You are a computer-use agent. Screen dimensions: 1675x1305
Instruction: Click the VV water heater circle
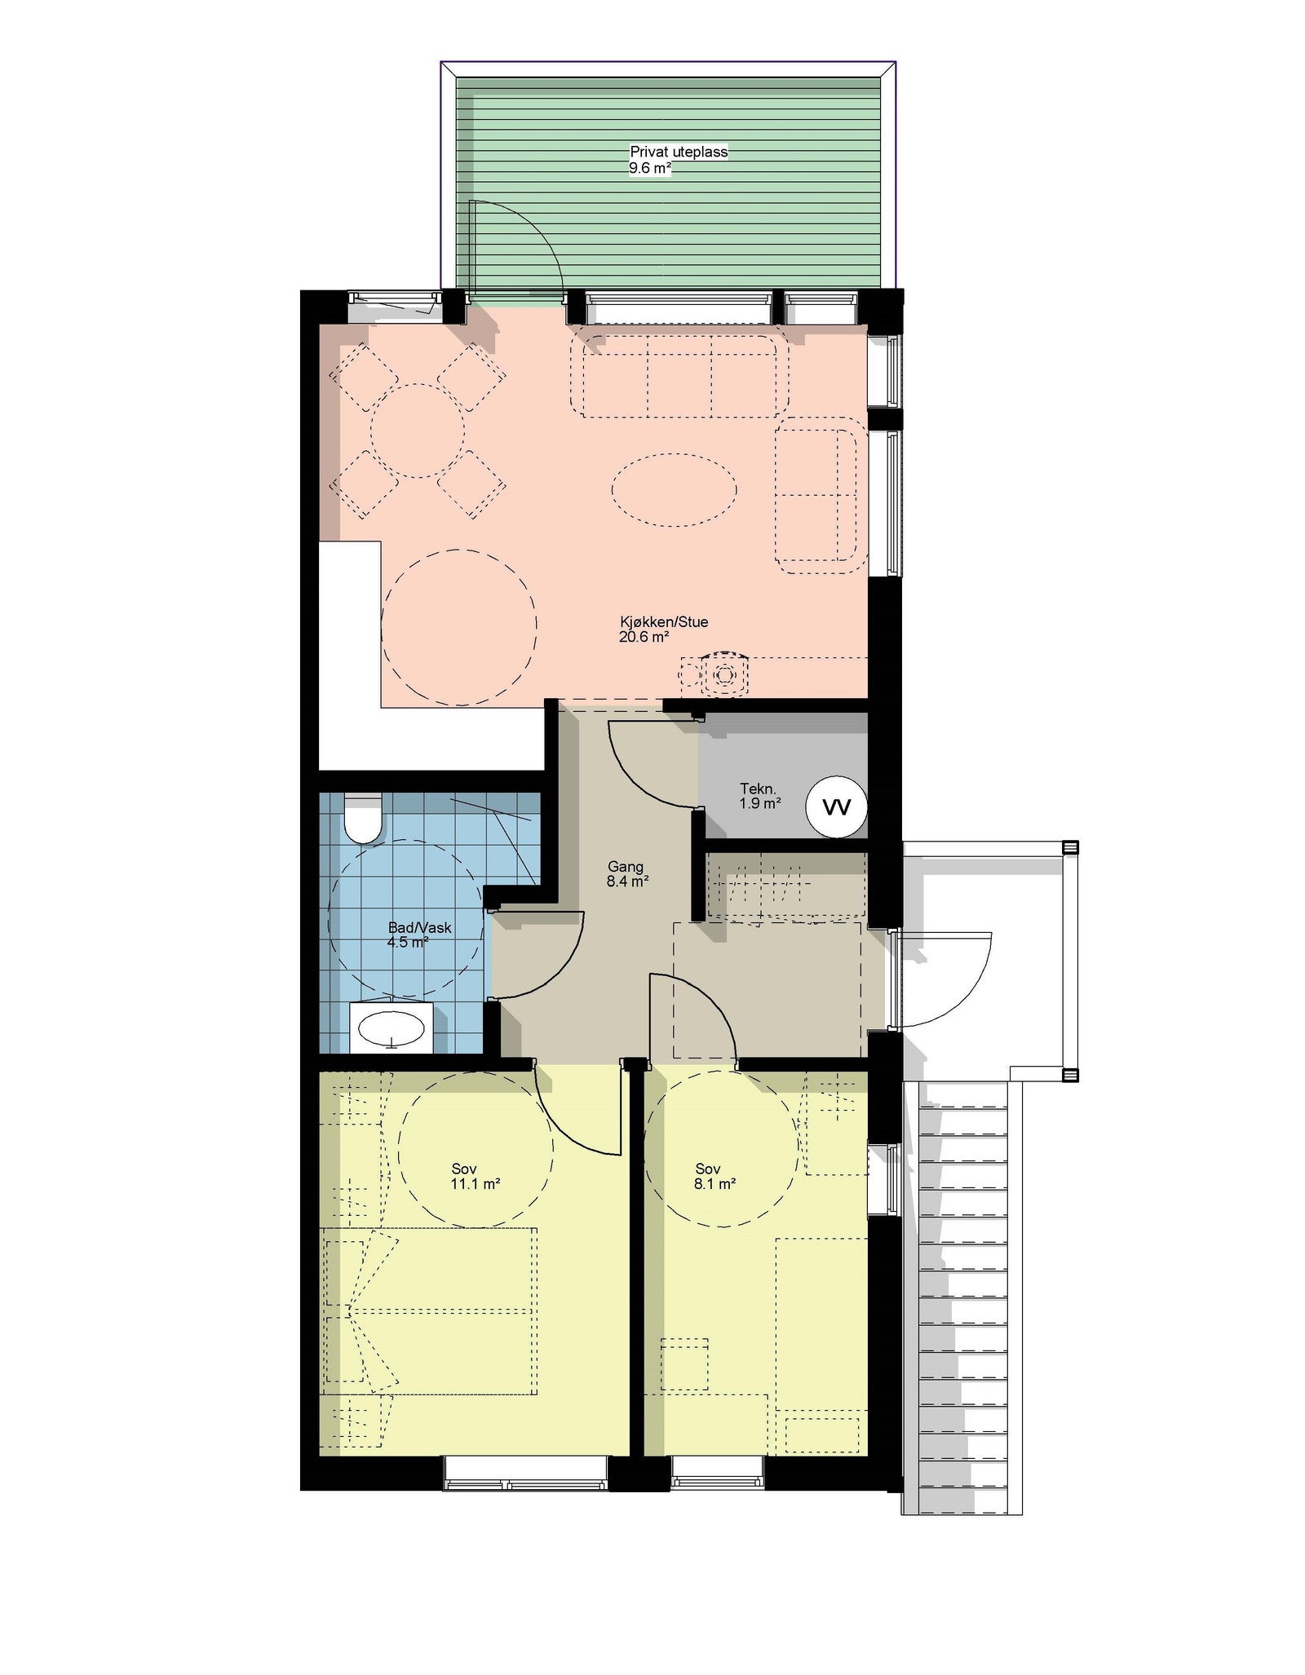(836, 807)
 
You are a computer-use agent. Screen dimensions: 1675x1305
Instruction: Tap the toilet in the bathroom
(362, 819)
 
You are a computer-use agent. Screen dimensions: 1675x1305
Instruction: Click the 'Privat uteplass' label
(678, 152)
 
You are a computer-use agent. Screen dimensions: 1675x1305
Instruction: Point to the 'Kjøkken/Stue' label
(663, 621)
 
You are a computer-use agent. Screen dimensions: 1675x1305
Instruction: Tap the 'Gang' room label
(626, 866)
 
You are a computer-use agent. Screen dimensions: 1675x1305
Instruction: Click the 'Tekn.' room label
(758, 789)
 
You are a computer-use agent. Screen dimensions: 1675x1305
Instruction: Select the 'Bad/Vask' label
(419, 927)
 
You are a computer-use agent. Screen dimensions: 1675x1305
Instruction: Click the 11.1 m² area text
(475, 1183)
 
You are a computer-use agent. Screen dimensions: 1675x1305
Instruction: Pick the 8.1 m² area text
(714, 1183)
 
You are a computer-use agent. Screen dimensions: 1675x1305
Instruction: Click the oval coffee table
(674, 489)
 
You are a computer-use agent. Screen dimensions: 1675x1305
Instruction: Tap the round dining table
(418, 431)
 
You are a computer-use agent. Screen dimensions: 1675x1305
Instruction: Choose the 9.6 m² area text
(649, 169)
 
